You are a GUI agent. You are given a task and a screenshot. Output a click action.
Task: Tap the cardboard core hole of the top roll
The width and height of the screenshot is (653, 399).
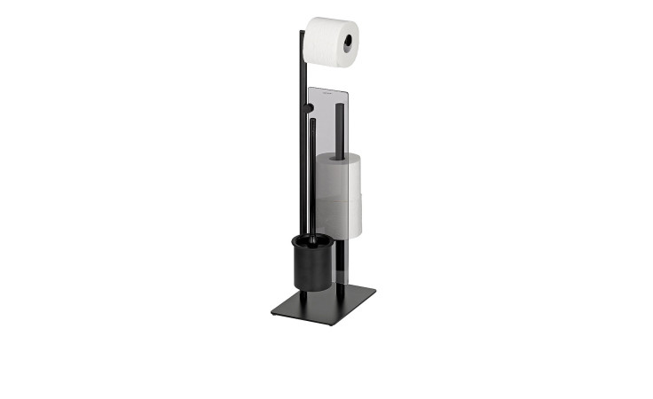(x=348, y=41)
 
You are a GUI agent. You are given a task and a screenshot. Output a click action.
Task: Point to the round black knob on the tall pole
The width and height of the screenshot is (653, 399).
(x=310, y=108)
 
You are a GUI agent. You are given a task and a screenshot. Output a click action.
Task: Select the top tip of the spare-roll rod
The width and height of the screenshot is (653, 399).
(x=340, y=106)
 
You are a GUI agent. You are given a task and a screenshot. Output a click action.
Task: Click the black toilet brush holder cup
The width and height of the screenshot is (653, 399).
(x=311, y=264)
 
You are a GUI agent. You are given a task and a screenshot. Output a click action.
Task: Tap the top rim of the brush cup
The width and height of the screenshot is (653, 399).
(x=312, y=239)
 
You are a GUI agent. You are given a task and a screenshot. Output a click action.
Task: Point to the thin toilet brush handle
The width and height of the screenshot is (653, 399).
(x=312, y=177)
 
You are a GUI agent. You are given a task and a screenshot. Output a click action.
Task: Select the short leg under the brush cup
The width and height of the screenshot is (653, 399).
(x=311, y=293)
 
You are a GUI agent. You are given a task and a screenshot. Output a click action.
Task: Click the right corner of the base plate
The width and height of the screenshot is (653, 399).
(x=374, y=287)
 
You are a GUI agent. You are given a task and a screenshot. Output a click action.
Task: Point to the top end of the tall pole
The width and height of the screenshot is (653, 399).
(x=302, y=33)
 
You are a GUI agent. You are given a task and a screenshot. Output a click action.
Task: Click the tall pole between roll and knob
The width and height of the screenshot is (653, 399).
(x=303, y=84)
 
